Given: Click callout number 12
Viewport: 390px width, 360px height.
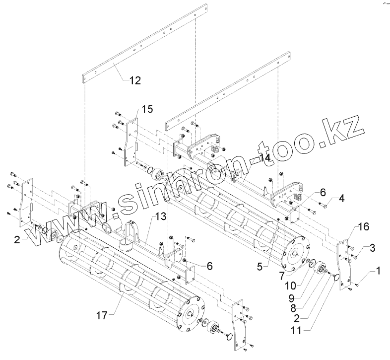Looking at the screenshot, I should (x=134, y=80).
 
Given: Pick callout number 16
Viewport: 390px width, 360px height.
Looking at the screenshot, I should (x=363, y=227).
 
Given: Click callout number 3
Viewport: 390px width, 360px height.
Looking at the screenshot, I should (x=372, y=247).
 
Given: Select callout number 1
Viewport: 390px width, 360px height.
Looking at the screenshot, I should (x=379, y=271).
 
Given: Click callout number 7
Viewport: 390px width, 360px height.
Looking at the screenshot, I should (x=281, y=274).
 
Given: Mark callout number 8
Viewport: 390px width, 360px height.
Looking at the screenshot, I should (x=293, y=306).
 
